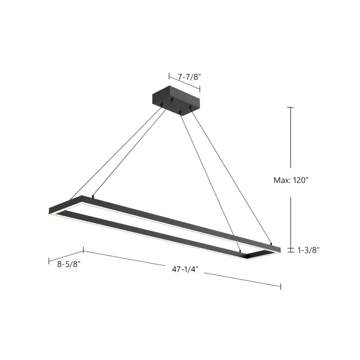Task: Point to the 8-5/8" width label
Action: [x=69, y=263]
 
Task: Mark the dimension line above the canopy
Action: [x=184, y=83]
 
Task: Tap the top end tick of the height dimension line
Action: [x=290, y=107]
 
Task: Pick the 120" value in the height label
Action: [x=304, y=178]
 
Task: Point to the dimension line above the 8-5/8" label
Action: [x=65, y=256]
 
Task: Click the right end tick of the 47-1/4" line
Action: [x=280, y=286]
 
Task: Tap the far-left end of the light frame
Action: [x=50, y=211]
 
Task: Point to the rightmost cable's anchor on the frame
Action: [x=271, y=244]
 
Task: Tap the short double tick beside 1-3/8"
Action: [x=290, y=249]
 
